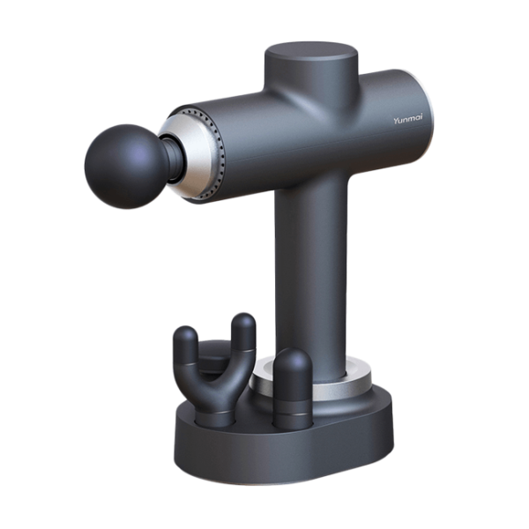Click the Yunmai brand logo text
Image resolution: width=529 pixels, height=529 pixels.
[407, 120]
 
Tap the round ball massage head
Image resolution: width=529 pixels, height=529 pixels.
[125, 167]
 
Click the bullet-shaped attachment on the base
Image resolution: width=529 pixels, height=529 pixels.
[293, 388]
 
